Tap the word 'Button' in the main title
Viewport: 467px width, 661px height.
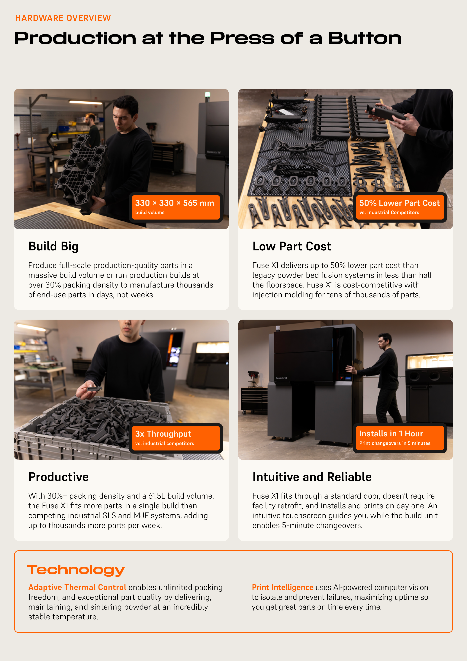pyautogui.click(x=365, y=38)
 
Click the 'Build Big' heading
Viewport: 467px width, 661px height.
pyautogui.click(x=53, y=247)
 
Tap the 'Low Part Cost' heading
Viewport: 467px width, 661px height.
pyautogui.click(x=292, y=246)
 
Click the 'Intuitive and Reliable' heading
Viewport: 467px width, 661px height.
pyautogui.click(x=312, y=477)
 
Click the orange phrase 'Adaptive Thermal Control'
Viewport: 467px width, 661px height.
pyautogui.click(x=77, y=587)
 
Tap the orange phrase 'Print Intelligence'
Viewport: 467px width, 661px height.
pyautogui.click(x=283, y=587)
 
